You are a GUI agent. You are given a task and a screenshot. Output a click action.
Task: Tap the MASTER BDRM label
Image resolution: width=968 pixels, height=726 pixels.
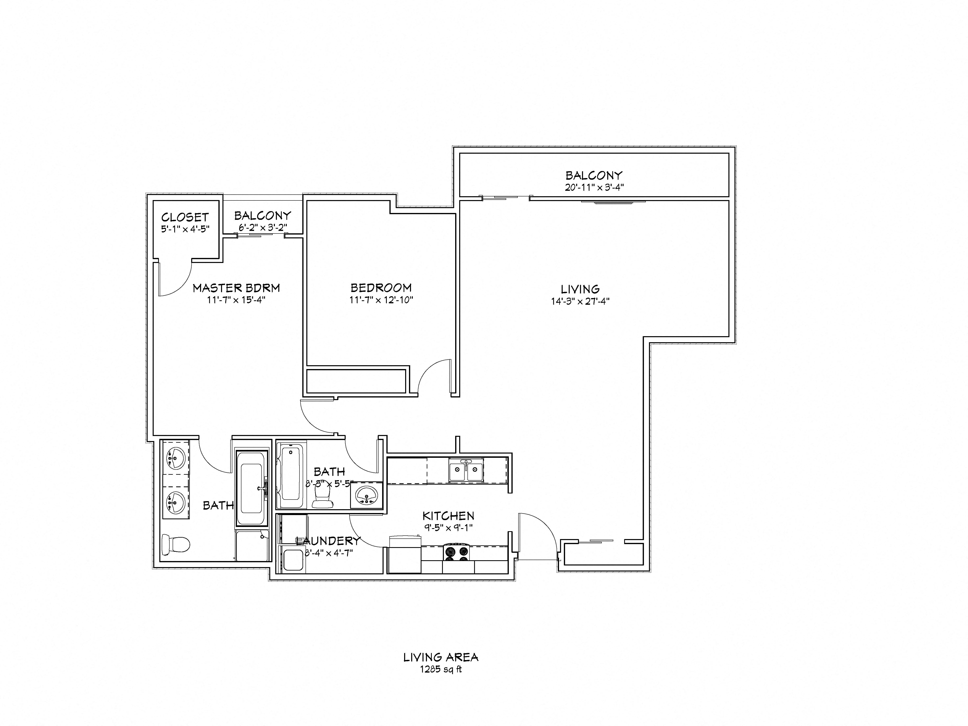tap(236, 288)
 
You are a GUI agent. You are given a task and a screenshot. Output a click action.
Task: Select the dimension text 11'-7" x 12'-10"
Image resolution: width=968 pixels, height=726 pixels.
tap(381, 300)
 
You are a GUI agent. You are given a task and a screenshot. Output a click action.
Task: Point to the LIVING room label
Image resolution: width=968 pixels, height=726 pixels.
tap(580, 289)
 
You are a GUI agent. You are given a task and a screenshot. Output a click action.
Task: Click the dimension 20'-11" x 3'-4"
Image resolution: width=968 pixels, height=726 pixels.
tap(594, 187)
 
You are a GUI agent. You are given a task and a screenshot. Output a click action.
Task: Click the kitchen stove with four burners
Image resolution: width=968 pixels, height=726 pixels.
tap(456, 552)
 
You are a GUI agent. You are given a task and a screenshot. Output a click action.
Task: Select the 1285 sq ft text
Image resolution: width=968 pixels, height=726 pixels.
tap(441, 669)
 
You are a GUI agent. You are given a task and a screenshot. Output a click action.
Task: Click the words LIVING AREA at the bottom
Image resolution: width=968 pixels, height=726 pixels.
tap(441, 657)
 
